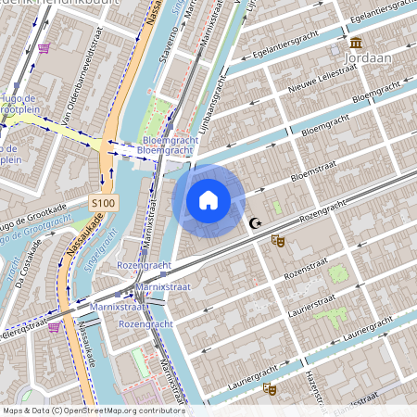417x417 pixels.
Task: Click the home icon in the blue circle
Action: click(208, 200)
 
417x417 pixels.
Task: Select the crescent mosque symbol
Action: click(255, 222)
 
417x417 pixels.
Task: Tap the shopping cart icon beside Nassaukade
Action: click(55, 326)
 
